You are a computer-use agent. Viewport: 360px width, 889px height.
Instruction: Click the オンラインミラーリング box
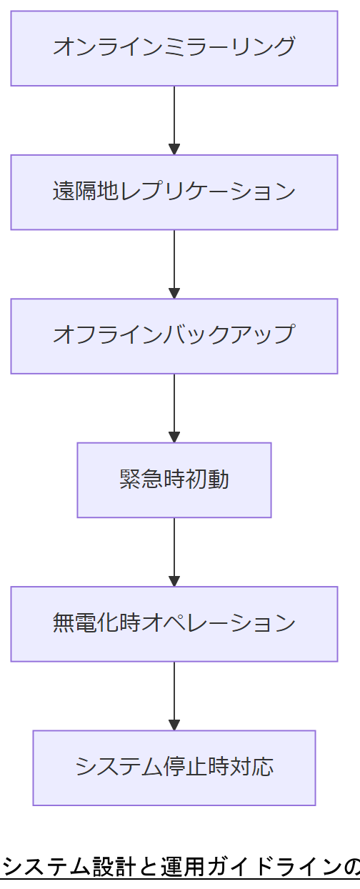pyautogui.click(x=174, y=48)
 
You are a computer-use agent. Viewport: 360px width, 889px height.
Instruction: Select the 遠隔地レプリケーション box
pyautogui.click(x=174, y=192)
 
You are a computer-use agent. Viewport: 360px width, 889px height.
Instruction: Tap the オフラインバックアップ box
pyautogui.click(x=174, y=336)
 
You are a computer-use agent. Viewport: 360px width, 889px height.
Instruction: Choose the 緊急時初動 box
pyautogui.click(x=174, y=480)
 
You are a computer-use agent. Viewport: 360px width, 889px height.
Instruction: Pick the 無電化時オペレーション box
pyautogui.click(x=174, y=624)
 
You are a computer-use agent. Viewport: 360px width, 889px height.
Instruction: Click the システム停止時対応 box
pyautogui.click(x=174, y=768)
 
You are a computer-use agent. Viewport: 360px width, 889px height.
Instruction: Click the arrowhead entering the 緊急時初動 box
pyautogui.click(x=174, y=437)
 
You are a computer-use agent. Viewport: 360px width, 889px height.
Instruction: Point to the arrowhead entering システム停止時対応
pyautogui.click(x=174, y=725)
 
